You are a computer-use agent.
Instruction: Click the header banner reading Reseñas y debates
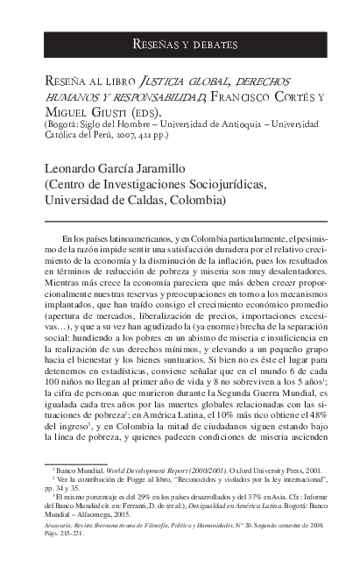pos(180,44)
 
